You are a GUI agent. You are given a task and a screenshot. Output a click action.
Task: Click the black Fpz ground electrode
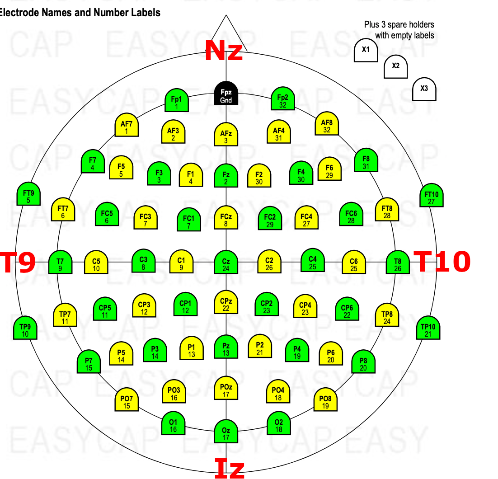(x=226, y=93)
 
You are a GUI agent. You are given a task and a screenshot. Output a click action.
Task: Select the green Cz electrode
(x=226, y=262)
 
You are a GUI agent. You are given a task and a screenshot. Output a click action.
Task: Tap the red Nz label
(x=224, y=51)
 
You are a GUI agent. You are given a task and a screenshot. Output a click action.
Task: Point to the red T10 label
(x=442, y=262)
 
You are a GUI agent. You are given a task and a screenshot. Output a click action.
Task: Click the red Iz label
(x=229, y=469)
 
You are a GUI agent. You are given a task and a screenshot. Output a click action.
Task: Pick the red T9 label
(x=18, y=262)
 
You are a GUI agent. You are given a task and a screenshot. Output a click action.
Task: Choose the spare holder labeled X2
(x=396, y=67)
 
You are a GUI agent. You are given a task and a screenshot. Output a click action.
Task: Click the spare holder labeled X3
(x=424, y=89)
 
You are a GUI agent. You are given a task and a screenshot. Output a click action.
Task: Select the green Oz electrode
(x=226, y=432)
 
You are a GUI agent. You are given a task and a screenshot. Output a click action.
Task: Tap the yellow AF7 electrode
(x=127, y=125)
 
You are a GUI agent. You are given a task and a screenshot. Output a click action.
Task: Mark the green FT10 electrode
(x=431, y=195)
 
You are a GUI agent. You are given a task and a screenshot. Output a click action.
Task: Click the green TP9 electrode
(x=25, y=328)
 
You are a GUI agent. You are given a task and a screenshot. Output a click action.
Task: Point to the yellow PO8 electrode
(x=325, y=399)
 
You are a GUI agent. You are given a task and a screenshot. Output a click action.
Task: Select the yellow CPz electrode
(x=226, y=302)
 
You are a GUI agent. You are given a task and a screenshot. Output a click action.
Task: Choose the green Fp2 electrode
(x=282, y=99)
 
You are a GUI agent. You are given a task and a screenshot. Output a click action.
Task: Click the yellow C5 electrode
(x=96, y=262)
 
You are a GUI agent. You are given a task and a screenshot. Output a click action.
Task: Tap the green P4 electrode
(x=297, y=350)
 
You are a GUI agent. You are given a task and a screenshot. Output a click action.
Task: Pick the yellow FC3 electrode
(x=146, y=217)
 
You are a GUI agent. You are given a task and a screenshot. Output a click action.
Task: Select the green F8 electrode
(x=366, y=160)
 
